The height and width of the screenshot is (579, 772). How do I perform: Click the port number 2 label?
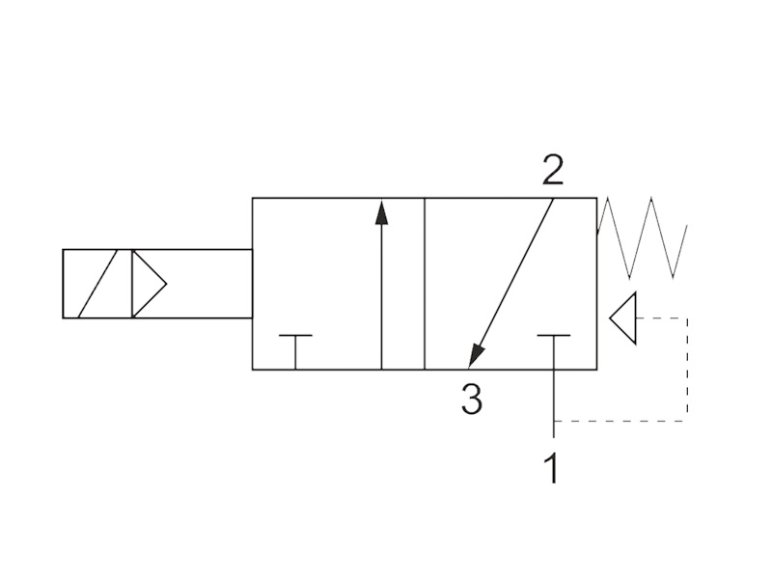[x=552, y=170]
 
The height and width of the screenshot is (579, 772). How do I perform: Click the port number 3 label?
[x=472, y=399]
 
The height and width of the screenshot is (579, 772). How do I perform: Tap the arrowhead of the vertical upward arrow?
[x=381, y=211]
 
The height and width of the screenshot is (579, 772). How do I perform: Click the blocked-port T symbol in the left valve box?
[x=295, y=351]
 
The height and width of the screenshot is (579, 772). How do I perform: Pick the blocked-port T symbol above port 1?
[x=554, y=351]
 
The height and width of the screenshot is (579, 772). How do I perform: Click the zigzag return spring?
[x=642, y=237]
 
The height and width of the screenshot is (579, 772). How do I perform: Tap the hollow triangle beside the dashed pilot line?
[x=623, y=318]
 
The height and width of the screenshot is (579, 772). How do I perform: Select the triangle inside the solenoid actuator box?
[x=149, y=284]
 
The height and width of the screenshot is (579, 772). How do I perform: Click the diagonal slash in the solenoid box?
[x=97, y=284]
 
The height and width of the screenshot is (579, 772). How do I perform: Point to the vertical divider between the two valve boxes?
[x=425, y=284]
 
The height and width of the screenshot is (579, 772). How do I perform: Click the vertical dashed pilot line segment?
[x=687, y=370]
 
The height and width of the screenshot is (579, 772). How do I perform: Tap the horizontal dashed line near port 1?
[x=620, y=422]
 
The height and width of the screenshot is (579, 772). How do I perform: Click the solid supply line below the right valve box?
[x=554, y=403]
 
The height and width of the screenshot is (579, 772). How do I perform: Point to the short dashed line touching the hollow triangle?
[x=662, y=318]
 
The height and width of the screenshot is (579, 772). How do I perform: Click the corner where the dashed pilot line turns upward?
[x=687, y=422]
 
